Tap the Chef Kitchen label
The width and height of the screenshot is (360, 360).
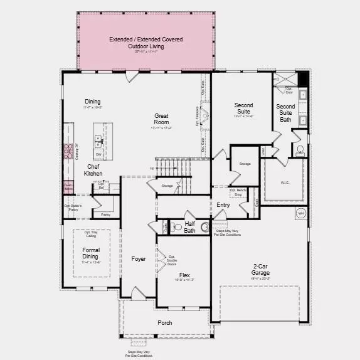pyautogui.click(x=93, y=170)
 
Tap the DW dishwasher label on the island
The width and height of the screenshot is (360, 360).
pyautogui.click(x=98, y=154)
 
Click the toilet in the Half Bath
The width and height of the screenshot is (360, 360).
pyautogui.click(x=176, y=227)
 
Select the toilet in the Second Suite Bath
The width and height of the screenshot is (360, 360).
pyautogui.click(x=299, y=150)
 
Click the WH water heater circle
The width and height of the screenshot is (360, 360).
pyautogui.click(x=300, y=213)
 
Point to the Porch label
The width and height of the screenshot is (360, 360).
pyautogui.click(x=165, y=323)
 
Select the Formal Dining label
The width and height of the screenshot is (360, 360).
pyautogui.click(x=91, y=252)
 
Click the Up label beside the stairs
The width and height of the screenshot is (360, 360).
pyautogui.click(x=151, y=168)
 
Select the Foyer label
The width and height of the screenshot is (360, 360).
pyautogui.click(x=139, y=258)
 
